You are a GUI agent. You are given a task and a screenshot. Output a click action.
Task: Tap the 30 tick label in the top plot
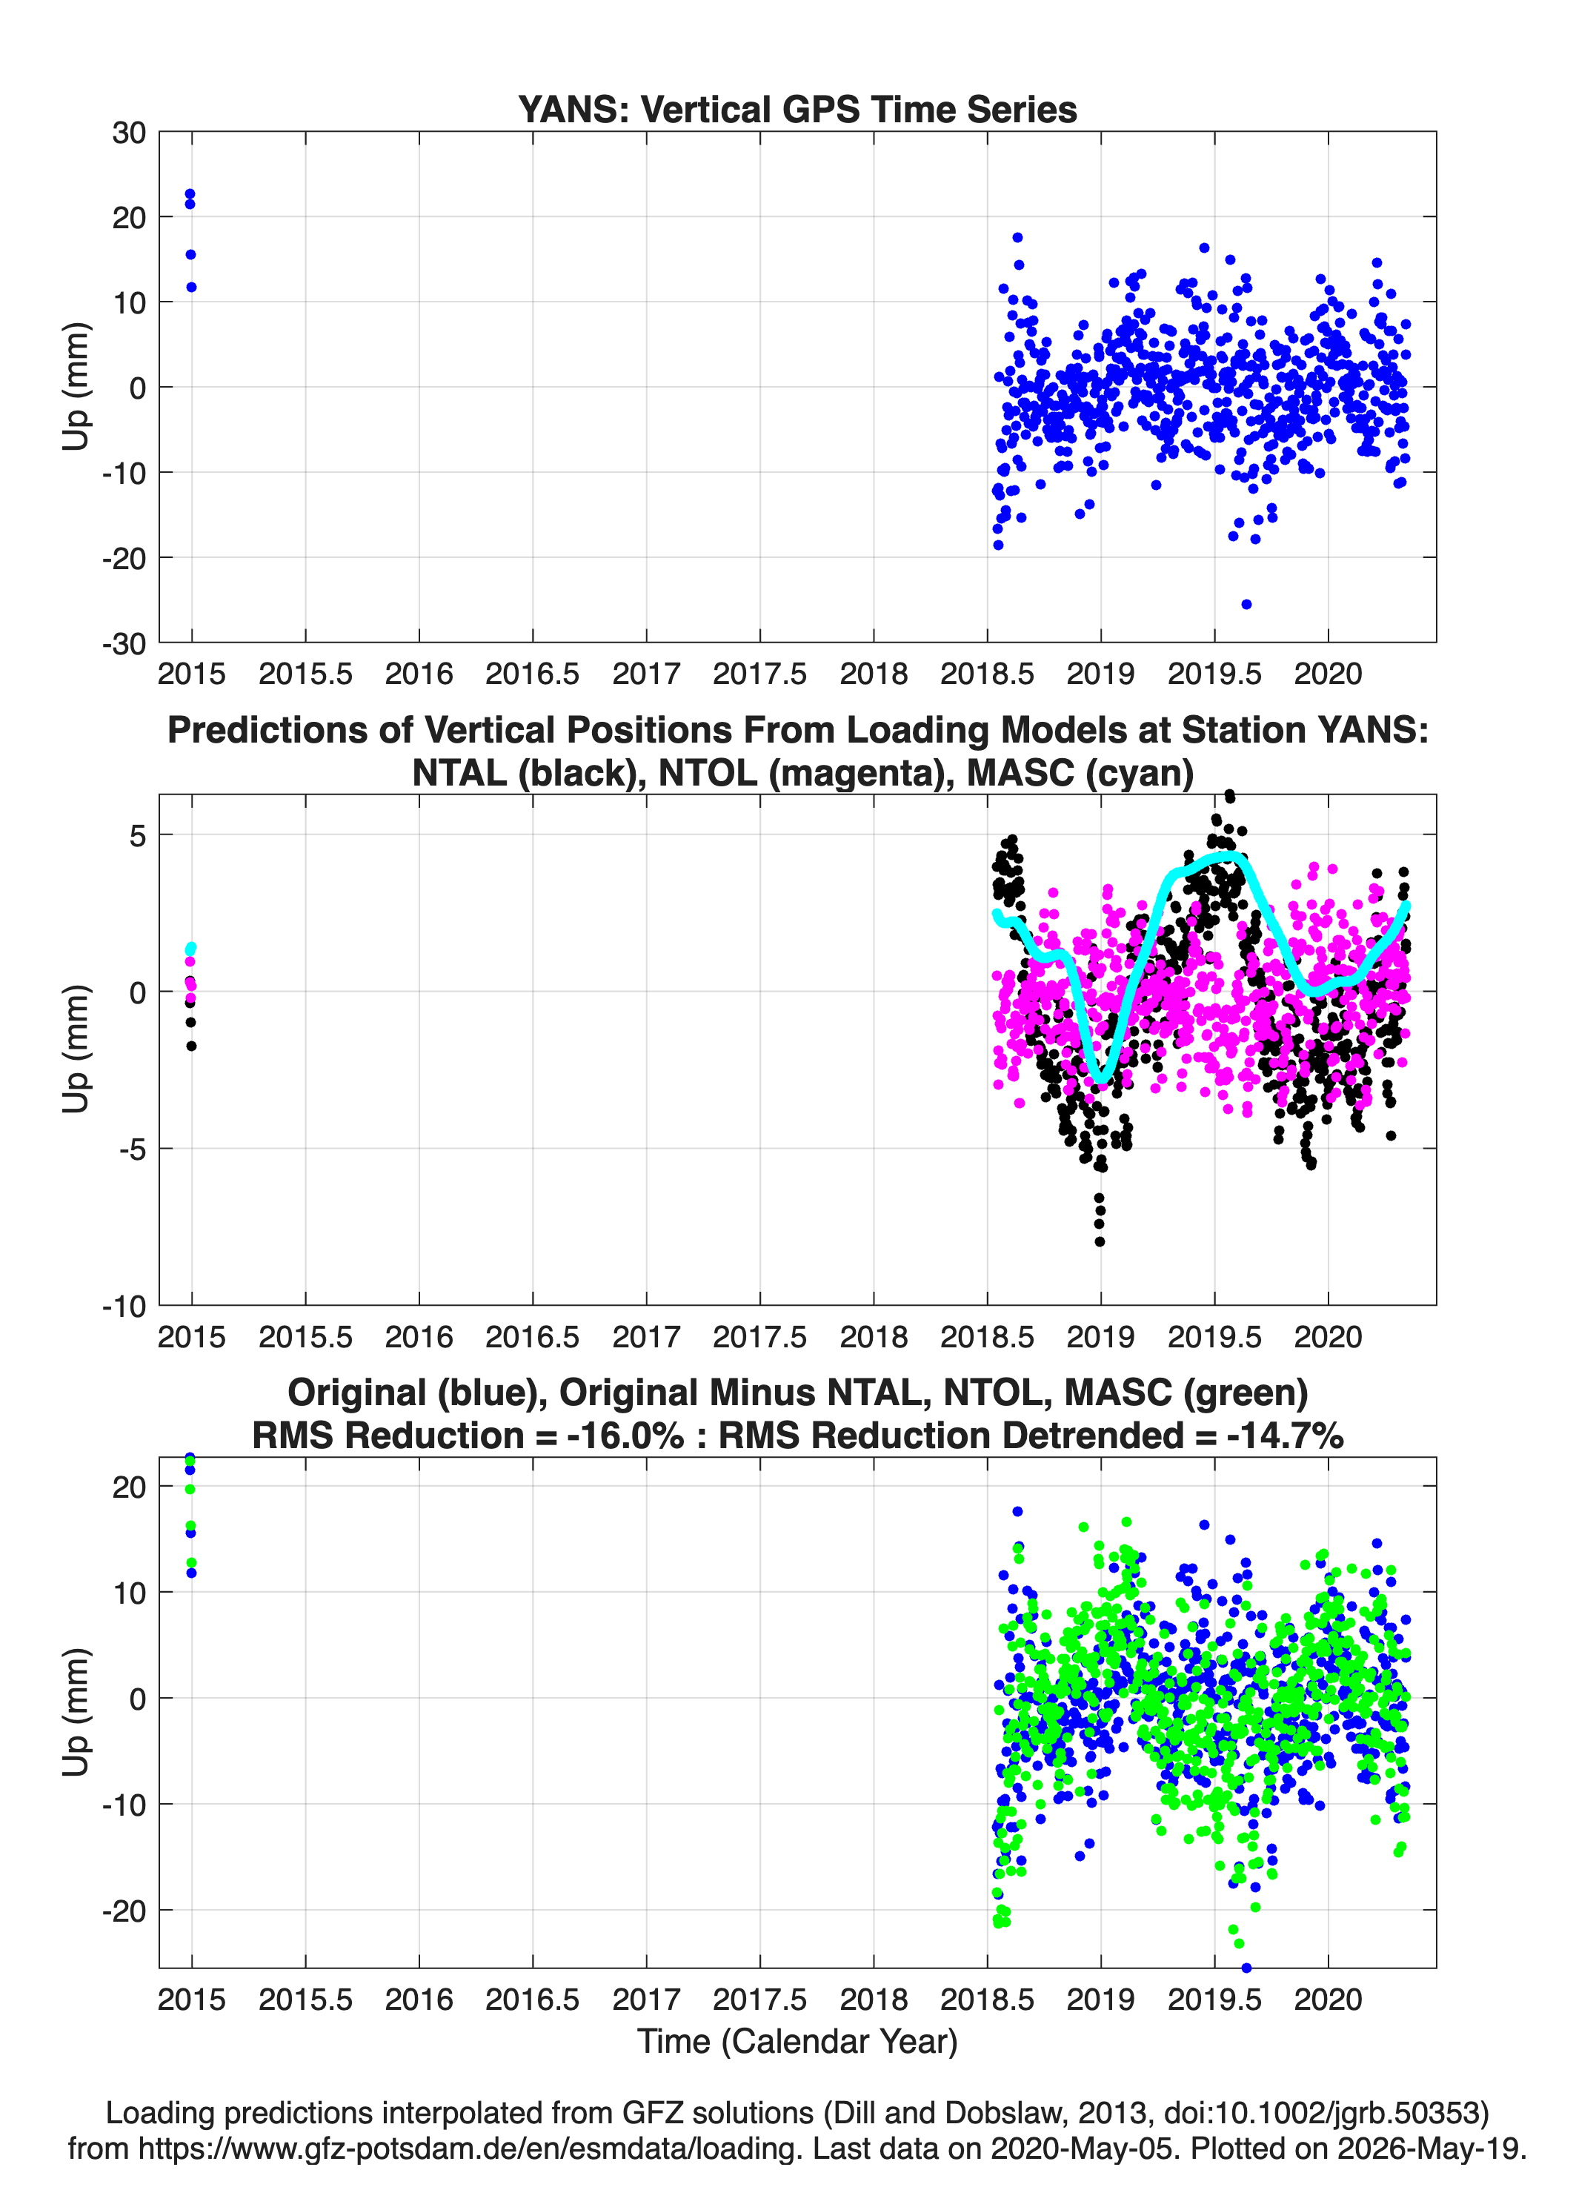pos(129,133)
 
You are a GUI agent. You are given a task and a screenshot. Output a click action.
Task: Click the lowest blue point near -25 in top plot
pos(1246,604)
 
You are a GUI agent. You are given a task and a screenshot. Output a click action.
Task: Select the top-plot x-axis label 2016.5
pos(532,674)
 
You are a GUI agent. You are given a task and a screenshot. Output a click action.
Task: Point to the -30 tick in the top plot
pos(124,644)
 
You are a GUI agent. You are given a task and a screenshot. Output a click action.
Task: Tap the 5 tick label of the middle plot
pos(137,836)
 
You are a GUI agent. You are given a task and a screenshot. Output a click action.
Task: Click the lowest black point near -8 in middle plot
pos(1100,1241)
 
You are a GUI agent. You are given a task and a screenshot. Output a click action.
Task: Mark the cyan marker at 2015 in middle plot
pos(191,948)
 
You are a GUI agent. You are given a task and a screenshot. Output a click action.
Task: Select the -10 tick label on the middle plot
pos(124,1307)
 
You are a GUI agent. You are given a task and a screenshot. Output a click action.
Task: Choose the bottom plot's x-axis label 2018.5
pos(987,2000)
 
